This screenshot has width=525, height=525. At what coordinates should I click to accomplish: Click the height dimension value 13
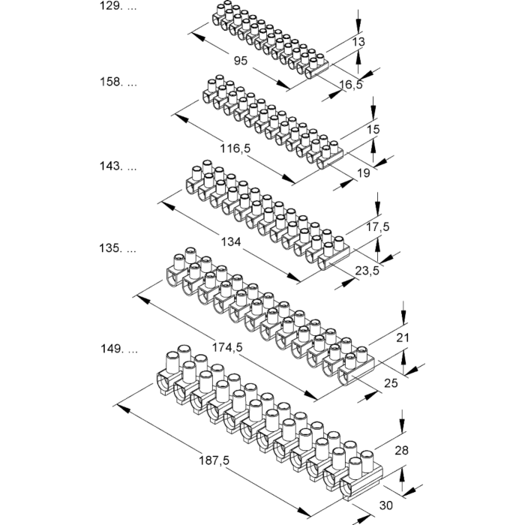pos(358,42)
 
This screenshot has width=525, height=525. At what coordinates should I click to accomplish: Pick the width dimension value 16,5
pos(349,85)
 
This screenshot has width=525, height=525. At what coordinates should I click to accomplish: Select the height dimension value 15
pos(373,130)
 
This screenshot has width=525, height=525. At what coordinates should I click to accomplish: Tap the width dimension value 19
pos(363,173)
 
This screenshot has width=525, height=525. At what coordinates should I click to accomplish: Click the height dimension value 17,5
pos(377,226)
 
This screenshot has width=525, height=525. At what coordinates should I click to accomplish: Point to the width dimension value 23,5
pos(366,271)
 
